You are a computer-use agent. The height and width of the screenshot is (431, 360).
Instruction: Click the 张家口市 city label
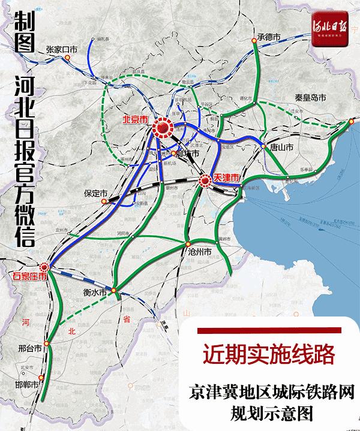[62, 50]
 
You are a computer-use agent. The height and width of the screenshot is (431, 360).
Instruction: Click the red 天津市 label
[226, 178]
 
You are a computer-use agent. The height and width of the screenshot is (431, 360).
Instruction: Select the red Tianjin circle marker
[205, 179]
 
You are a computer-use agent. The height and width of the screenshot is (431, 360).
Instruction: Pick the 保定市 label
[95, 194]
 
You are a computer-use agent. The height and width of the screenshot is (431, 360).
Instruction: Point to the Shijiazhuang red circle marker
[43, 267]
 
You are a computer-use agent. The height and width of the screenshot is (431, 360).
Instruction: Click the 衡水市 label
[95, 293]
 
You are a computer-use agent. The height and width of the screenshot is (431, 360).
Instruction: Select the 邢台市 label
[29, 347]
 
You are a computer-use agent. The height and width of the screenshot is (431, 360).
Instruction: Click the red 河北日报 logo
[330, 27]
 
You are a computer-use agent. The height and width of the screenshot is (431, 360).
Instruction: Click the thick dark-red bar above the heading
[269, 331]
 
